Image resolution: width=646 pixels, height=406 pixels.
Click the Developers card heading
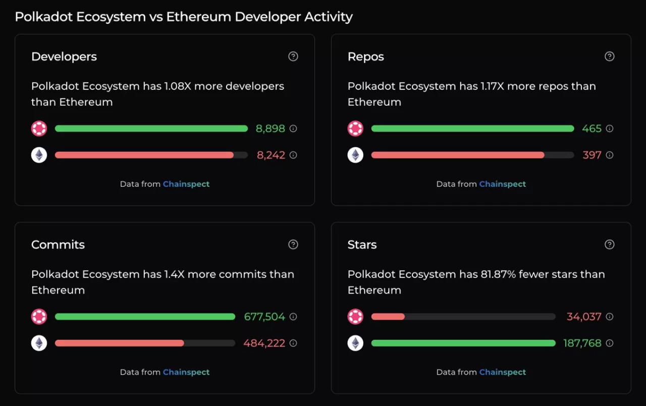point(64,57)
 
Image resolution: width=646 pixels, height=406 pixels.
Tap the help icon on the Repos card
point(609,57)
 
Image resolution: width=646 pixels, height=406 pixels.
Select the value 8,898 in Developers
point(271,129)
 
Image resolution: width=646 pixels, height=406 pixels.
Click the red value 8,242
point(271,155)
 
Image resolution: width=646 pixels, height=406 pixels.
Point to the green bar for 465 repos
point(472,129)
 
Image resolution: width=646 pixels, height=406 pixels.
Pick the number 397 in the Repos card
point(592,155)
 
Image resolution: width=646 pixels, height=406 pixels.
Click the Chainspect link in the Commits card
point(186,372)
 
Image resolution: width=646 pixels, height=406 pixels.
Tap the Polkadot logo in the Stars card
point(355,317)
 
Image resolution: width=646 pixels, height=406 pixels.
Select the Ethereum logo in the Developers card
point(39,155)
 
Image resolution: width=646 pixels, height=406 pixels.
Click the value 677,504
point(264,317)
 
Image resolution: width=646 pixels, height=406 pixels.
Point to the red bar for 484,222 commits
point(119,343)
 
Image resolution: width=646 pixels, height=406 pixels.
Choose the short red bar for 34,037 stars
point(388,317)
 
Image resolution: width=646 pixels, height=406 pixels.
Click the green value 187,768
point(582,343)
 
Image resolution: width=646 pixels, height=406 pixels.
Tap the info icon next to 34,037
point(609,317)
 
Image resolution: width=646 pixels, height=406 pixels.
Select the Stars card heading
point(362,245)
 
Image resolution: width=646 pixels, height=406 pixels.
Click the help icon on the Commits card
point(293,245)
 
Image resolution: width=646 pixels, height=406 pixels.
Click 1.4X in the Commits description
point(175,274)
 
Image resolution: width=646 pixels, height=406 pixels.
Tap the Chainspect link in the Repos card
point(503,184)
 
